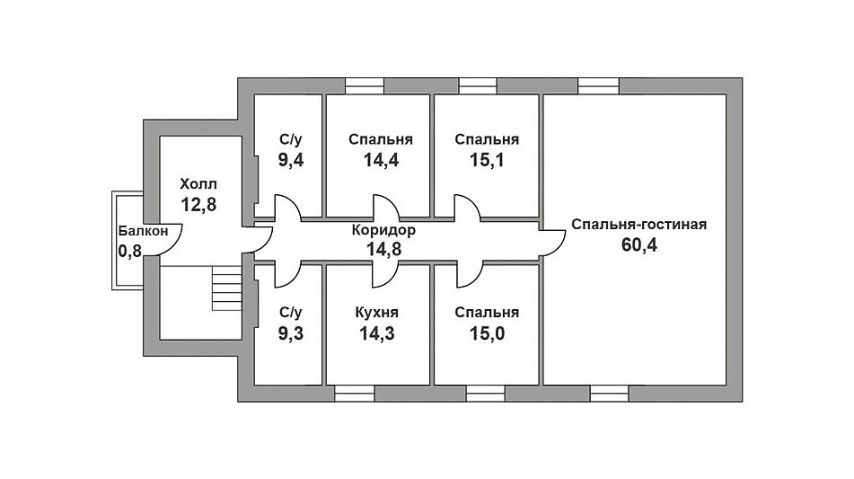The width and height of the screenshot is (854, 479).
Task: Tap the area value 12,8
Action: pos(198,203)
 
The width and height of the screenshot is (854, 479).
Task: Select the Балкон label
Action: pos(143,231)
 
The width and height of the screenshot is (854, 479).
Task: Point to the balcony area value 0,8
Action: pos(130,251)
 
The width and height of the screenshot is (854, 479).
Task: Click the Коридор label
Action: pos(383,230)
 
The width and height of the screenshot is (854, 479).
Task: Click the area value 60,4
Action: pos(639,245)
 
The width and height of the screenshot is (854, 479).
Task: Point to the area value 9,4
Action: pos(289,160)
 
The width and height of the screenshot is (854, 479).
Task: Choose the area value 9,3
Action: pos(289,333)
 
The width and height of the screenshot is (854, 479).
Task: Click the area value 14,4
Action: pos(381,160)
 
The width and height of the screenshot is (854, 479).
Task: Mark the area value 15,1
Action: pos(486,160)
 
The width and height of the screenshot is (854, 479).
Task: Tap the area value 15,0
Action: pos(486,333)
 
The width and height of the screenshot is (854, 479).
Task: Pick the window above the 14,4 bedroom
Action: pos(365,86)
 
